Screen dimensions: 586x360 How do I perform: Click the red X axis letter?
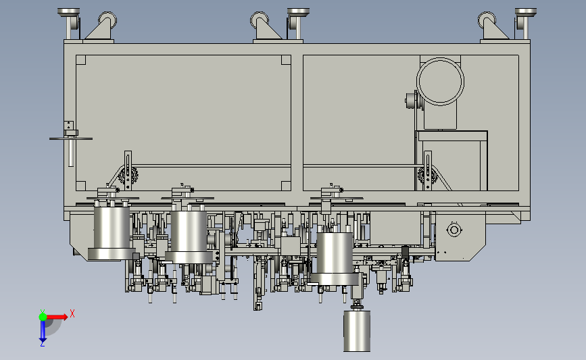pos(72,313)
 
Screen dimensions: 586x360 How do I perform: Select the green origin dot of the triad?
pos(43,317)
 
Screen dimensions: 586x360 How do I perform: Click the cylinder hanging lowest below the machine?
pos(357,331)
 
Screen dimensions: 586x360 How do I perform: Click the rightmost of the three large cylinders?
pos(335,259)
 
